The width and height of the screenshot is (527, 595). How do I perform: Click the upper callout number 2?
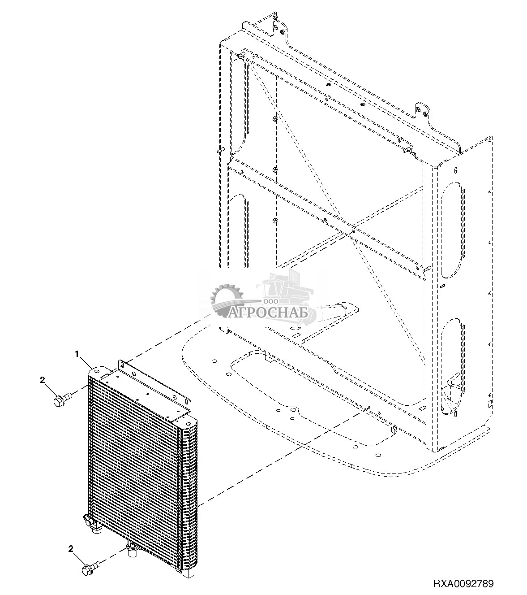tap(43, 381)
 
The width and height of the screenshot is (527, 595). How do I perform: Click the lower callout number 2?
tap(71, 548)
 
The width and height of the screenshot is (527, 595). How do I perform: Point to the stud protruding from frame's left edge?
tap(219, 151)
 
